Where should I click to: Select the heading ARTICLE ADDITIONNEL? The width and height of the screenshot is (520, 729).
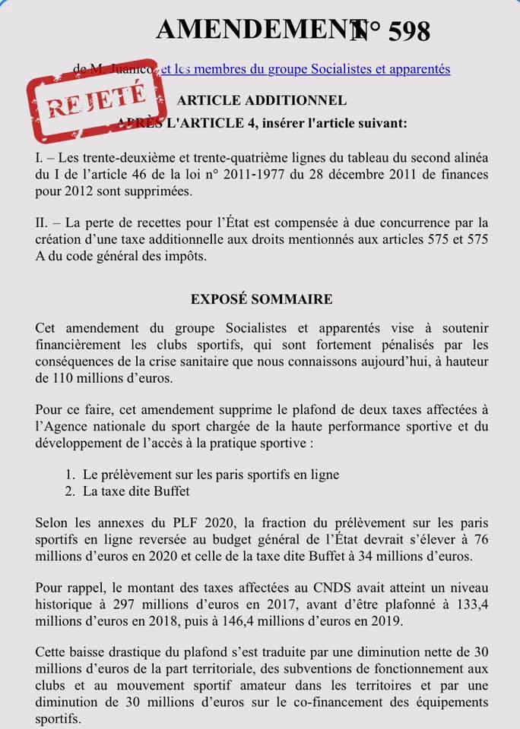point(262,100)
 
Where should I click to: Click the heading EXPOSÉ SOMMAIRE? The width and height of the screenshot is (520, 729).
point(262,299)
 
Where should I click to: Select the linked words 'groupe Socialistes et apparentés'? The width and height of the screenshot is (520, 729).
point(348,69)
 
